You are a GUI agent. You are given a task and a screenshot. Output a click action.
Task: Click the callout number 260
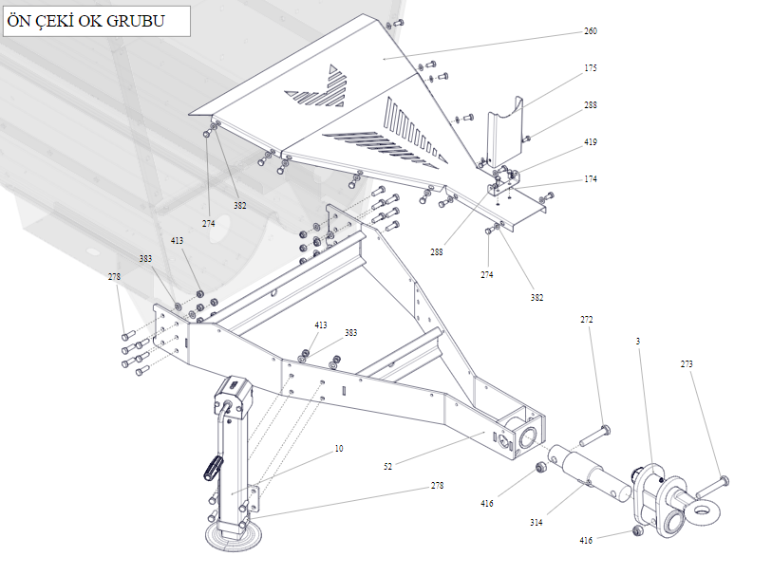click(x=591, y=31)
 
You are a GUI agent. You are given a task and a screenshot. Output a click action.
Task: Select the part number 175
click(x=591, y=68)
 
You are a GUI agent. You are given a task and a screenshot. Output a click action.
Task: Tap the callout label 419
click(x=591, y=142)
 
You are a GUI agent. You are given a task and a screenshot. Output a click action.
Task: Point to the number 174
click(x=591, y=179)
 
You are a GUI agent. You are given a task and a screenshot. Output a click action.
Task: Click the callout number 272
click(x=587, y=320)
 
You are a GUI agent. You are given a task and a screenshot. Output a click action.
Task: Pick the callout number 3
click(x=639, y=340)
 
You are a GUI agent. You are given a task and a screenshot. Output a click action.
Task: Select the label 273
click(x=687, y=363)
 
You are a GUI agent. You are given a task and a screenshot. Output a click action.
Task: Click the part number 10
click(x=339, y=448)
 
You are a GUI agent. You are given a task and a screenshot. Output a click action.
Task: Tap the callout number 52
click(x=388, y=466)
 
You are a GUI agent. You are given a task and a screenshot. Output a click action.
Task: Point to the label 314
click(x=537, y=522)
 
